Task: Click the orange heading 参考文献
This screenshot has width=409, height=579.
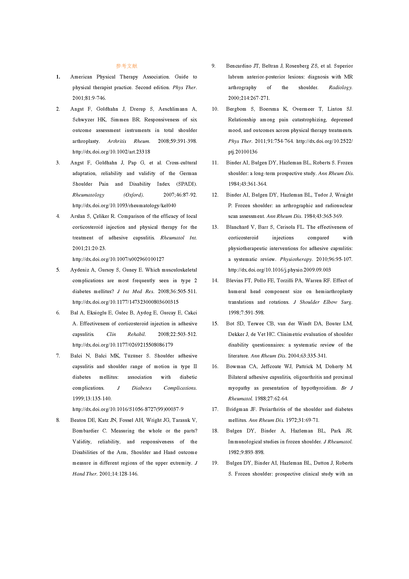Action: pyautogui.click(x=126, y=66)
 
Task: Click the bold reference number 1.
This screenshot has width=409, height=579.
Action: pyautogui.click(x=58, y=77)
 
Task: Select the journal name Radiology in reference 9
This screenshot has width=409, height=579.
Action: pyautogui.click(x=340, y=87)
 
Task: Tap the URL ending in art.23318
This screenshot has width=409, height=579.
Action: pyautogui.click(x=111, y=152)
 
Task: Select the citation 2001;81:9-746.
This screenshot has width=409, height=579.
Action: pyautogui.click(x=89, y=98)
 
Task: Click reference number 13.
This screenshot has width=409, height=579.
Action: pyautogui.click(x=215, y=227)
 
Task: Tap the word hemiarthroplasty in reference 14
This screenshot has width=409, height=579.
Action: pyautogui.click(x=334, y=292)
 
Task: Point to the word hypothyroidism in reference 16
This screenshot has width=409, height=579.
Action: pyautogui.click(x=318, y=388)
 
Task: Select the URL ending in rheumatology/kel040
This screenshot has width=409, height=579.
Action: pyautogui.click(x=124, y=205)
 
